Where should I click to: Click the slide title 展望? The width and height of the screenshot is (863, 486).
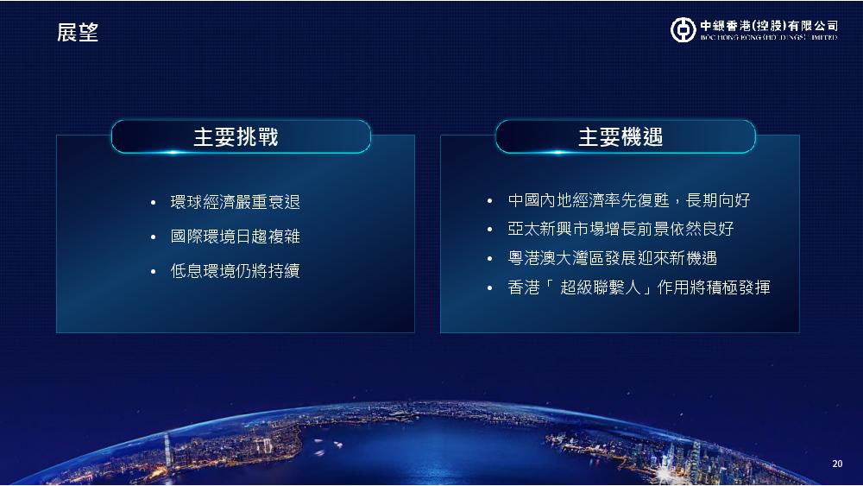tap(78, 33)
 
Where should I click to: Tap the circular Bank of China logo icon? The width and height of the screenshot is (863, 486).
tap(683, 29)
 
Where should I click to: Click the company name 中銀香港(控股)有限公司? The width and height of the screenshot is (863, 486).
tap(769, 25)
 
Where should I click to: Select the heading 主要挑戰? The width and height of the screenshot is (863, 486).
tap(236, 137)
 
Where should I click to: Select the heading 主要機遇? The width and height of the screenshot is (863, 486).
tap(620, 137)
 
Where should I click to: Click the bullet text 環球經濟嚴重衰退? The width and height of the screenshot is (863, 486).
tap(235, 202)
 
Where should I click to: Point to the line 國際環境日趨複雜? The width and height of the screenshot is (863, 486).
tap(235, 237)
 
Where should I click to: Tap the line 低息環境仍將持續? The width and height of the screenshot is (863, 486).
tap(235, 271)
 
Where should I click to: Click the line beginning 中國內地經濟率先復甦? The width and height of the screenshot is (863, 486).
tap(629, 200)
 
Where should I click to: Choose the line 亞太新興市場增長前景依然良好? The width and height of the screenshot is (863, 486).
tap(620, 229)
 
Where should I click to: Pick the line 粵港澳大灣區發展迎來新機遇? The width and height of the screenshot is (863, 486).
tap(613, 258)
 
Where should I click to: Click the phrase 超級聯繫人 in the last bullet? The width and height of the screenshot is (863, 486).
tap(601, 287)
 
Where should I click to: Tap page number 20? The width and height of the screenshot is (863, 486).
tap(837, 464)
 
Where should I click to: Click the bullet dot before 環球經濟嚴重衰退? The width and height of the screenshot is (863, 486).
tap(153, 203)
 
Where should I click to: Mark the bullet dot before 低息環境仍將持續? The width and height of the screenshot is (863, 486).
tap(153, 271)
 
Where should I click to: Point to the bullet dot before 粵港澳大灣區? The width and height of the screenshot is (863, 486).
tap(490, 259)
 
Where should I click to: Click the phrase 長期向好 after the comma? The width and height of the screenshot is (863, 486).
tap(718, 200)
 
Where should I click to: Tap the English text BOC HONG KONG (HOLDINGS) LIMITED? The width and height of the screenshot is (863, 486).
tap(769, 37)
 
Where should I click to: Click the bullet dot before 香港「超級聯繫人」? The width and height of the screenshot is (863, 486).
tap(490, 287)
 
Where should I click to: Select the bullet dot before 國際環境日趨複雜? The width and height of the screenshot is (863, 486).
tap(153, 237)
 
